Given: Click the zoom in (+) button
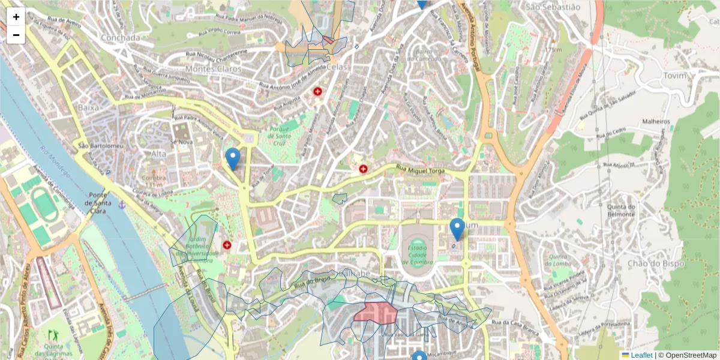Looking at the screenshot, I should coord(16,17).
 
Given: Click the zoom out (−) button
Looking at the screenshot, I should coord(16,35).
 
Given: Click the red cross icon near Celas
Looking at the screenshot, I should coord(317,91).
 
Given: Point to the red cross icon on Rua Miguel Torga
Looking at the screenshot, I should coord(363,169).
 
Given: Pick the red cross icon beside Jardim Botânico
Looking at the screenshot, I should coord(227,245).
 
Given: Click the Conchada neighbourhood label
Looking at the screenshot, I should coord(121,38).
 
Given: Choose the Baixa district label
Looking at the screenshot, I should coord(88,107).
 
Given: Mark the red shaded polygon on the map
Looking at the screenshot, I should coord(375,313).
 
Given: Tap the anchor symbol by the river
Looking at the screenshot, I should coord(122,205).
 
